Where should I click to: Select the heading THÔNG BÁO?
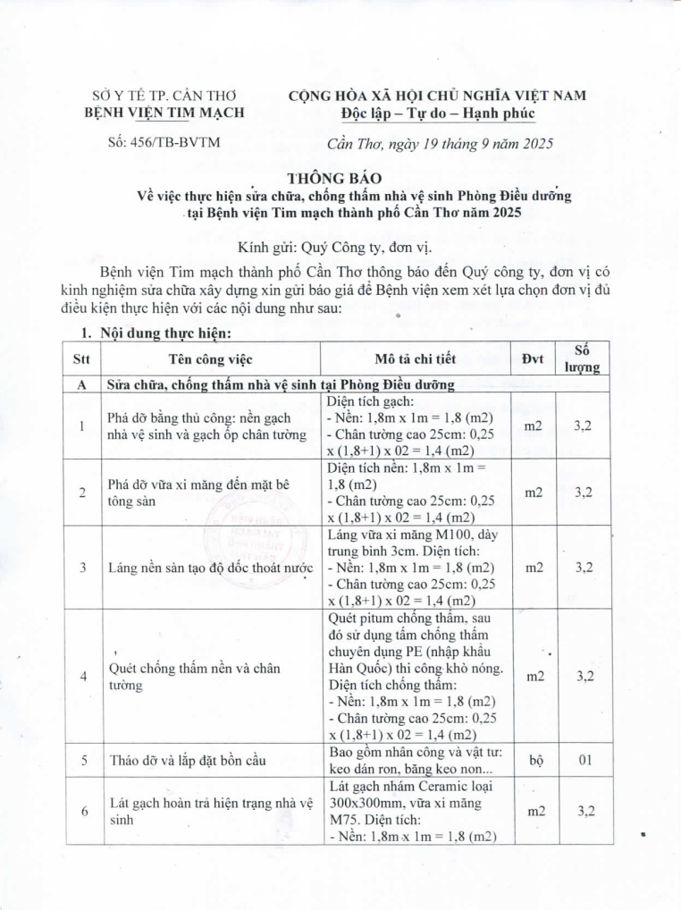point(339,178)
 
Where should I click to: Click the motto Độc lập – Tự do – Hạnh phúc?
point(437,113)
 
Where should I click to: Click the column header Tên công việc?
point(211,359)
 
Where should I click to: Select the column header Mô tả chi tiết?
point(416,359)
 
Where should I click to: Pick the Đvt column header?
point(535,359)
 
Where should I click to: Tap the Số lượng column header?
point(582,358)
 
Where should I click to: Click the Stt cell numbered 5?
point(82,761)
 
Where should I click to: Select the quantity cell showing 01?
point(584,761)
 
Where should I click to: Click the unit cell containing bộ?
point(535,761)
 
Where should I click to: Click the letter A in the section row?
point(82,385)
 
